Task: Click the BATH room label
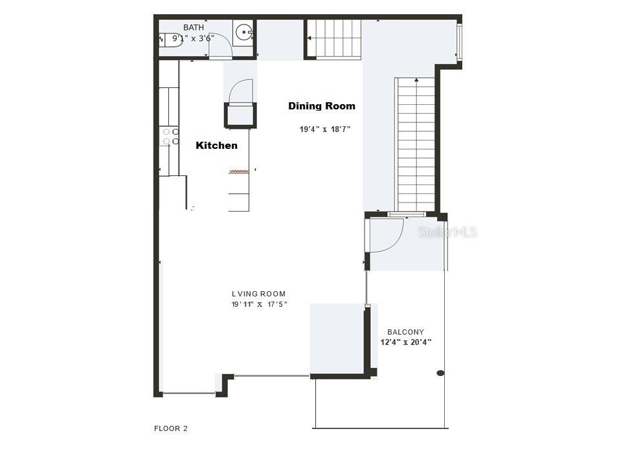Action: point(193,27)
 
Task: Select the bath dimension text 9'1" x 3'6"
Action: point(193,39)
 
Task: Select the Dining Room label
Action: point(322,106)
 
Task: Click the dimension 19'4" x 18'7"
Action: point(325,129)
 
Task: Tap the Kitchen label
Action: point(216,146)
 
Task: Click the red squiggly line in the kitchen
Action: point(238,171)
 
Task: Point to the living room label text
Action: point(258,294)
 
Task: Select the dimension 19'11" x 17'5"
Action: point(259,304)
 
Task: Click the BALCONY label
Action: point(405,332)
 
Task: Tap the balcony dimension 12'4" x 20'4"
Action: point(406,342)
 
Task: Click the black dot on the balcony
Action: point(440,373)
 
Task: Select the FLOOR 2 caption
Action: point(171,428)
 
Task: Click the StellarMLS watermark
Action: point(447,232)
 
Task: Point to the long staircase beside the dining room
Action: point(415,142)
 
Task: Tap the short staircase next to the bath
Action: point(333,39)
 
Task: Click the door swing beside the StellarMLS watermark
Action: point(387,234)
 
